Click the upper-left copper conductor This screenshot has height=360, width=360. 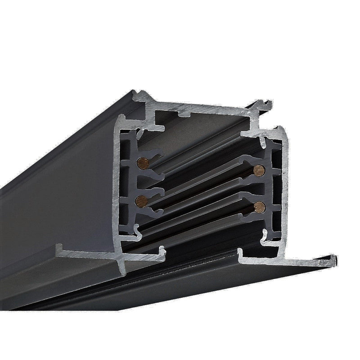pyautogui.click(x=143, y=162)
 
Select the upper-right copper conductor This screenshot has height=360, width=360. pyautogui.click(x=258, y=170)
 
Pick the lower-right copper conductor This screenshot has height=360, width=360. pyautogui.click(x=259, y=207)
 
